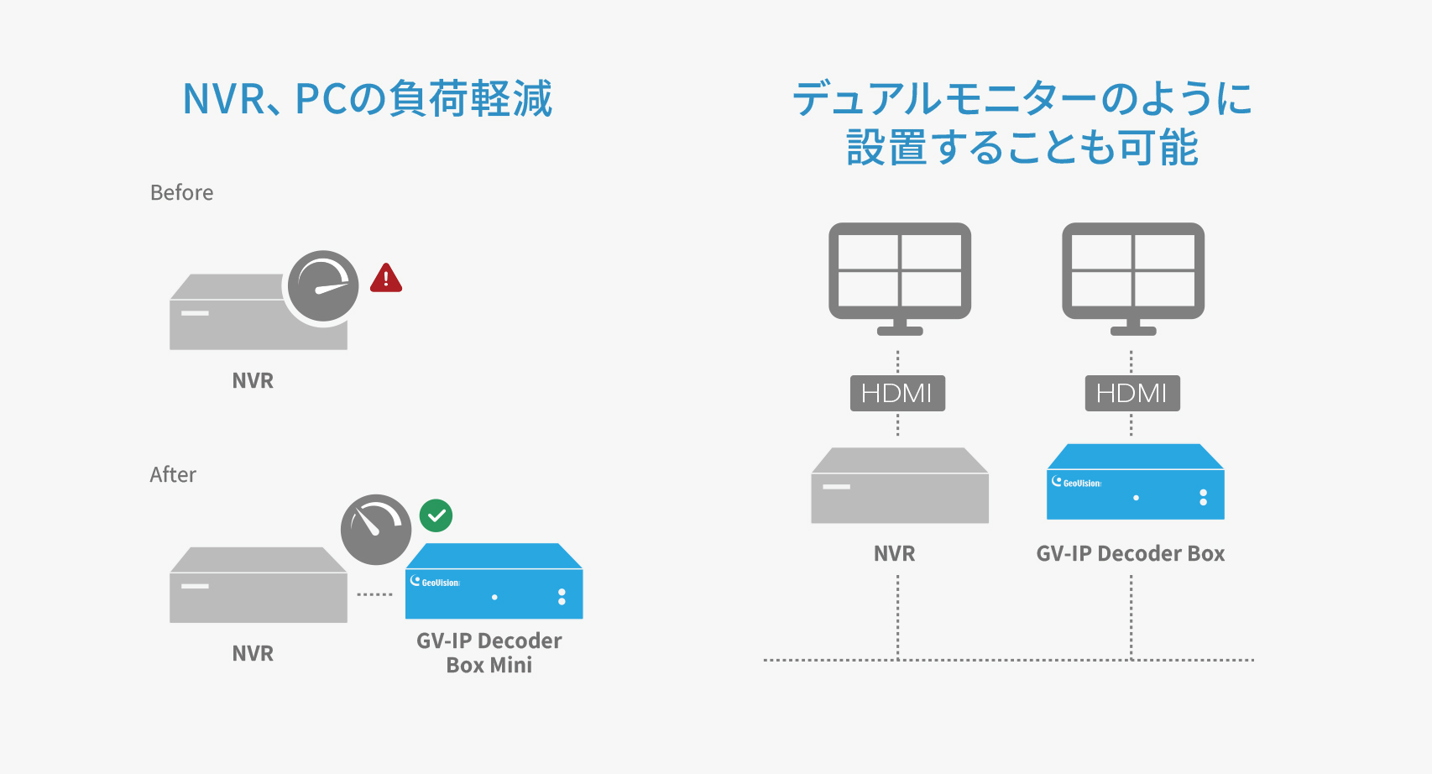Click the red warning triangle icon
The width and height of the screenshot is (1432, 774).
[386, 279]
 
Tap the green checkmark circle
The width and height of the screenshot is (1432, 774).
[436, 515]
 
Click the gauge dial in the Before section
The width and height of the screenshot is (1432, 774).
[323, 285]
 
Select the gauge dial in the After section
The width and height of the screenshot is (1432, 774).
[376, 530]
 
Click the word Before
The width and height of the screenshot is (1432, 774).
[181, 192]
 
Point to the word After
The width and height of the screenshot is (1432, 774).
[173, 475]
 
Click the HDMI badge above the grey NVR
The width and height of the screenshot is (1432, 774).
[897, 393]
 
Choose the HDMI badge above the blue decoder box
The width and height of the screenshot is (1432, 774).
[1132, 393]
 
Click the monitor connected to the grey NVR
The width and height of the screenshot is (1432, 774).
[900, 279]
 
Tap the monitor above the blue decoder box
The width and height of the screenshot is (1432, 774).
[1133, 279]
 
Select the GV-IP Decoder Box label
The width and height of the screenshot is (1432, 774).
[1131, 553]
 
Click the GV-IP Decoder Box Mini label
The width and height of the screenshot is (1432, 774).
[489, 652]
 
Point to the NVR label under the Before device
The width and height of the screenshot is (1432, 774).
[253, 380]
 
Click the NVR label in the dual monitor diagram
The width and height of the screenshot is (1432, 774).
[894, 553]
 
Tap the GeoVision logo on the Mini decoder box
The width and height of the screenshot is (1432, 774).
[435, 582]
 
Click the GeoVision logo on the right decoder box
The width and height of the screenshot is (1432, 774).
[1077, 483]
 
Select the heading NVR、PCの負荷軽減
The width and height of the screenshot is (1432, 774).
[368, 99]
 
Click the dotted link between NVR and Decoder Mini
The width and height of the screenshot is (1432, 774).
[374, 594]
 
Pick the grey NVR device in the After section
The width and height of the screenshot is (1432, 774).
[259, 585]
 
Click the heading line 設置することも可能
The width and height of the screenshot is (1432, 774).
[1022, 148]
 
